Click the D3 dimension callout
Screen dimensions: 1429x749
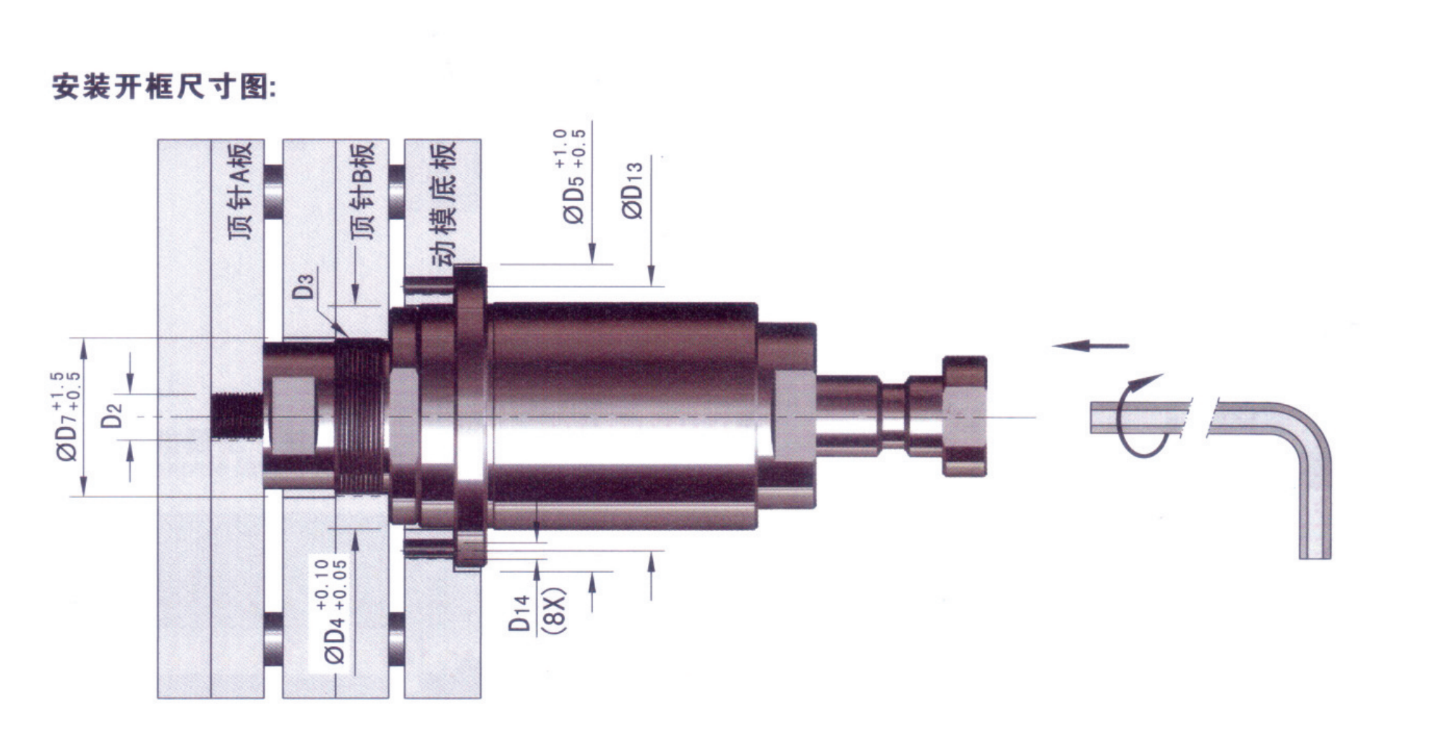[x=304, y=285]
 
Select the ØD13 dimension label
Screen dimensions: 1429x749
[x=631, y=190]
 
